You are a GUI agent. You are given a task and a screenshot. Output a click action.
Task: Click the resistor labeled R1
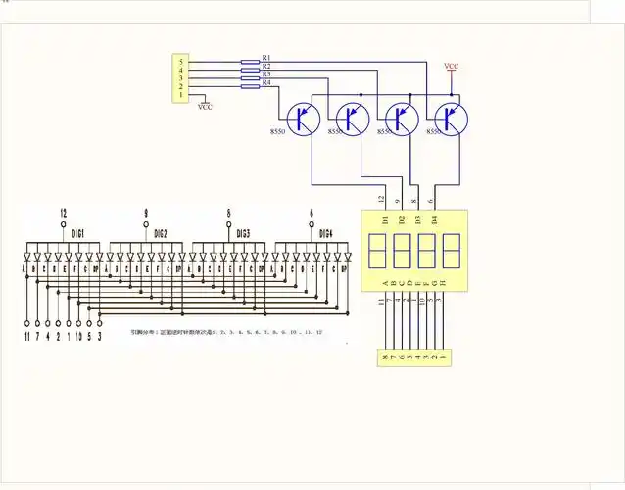[x=250, y=61]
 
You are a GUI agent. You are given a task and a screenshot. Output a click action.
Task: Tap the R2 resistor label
[x=266, y=66]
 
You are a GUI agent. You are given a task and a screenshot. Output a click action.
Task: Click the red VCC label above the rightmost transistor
[x=451, y=66]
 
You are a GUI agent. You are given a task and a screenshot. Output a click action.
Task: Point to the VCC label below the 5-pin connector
[x=205, y=107]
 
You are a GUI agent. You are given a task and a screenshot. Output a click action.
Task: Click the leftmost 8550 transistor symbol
[x=305, y=118]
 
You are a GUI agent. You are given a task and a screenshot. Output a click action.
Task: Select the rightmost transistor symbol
[x=452, y=118]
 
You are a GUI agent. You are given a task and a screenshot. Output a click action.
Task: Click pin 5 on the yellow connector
[x=179, y=62]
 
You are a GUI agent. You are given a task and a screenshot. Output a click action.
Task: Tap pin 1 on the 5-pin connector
[x=179, y=95]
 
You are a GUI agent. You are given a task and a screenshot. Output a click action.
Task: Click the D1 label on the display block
[x=385, y=219]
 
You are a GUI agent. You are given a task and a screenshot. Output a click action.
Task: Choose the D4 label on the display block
[x=434, y=219]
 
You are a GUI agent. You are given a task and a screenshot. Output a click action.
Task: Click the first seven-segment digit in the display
[x=377, y=252]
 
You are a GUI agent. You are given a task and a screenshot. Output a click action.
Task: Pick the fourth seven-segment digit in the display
[x=451, y=252]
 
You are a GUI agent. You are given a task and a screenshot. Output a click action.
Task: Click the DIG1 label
[x=78, y=233]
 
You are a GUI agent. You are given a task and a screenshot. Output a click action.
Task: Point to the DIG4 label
[x=325, y=233]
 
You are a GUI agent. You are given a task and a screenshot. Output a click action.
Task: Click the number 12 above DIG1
[x=63, y=213]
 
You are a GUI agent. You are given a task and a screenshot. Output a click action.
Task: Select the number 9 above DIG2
[x=146, y=213]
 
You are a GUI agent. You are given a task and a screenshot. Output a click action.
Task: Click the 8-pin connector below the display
[x=415, y=358]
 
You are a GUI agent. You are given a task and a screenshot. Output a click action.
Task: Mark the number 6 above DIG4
[x=311, y=213]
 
